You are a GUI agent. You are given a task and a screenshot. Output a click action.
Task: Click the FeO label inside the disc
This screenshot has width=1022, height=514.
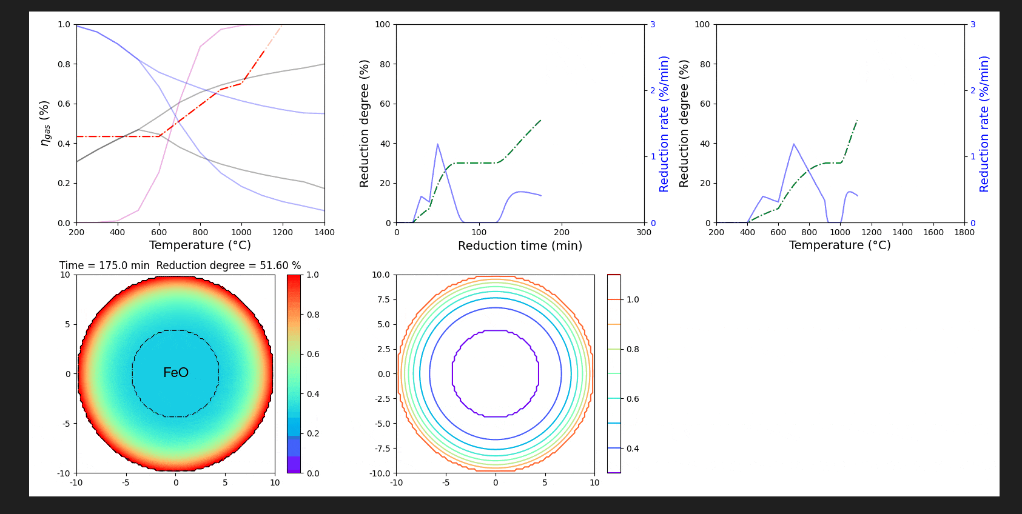pyautogui.click(x=176, y=373)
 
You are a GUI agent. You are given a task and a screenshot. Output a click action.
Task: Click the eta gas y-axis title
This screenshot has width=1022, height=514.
pyautogui.click(x=44, y=123)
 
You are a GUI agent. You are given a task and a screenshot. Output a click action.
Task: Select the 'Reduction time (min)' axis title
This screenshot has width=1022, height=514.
pyautogui.click(x=520, y=245)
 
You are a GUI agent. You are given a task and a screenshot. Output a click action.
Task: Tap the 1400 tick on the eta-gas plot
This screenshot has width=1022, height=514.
pyautogui.click(x=324, y=232)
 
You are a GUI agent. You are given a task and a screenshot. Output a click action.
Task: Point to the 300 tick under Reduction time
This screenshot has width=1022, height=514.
pyautogui.click(x=644, y=232)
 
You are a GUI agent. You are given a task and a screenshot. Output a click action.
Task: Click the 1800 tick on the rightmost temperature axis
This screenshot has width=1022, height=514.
pyautogui.click(x=964, y=232)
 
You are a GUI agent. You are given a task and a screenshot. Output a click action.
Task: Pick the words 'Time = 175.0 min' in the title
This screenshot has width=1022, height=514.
pyautogui.click(x=104, y=265)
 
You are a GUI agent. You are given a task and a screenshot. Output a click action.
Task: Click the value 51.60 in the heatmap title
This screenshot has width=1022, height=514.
pyautogui.click(x=274, y=265)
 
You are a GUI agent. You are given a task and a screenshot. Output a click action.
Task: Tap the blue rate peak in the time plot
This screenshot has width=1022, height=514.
pyautogui.click(x=437, y=144)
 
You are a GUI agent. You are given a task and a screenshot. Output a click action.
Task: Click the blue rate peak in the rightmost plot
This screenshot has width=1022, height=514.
pyautogui.click(x=793, y=144)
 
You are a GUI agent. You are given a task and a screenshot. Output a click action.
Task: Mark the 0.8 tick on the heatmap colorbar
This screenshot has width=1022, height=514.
pyautogui.click(x=313, y=315)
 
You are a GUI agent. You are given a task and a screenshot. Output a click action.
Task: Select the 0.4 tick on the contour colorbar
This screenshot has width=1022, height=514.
pyautogui.click(x=633, y=449)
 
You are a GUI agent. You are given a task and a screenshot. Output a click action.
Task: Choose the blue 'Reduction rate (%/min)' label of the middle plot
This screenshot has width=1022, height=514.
pyautogui.click(x=664, y=124)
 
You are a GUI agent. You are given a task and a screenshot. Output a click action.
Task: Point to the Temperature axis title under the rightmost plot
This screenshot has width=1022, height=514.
pyautogui.click(x=839, y=245)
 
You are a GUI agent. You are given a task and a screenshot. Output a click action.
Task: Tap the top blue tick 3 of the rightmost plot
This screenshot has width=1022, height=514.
pyautogui.click(x=973, y=25)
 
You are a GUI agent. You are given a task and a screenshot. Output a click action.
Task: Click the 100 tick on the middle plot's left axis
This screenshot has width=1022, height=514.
pyautogui.click(x=383, y=25)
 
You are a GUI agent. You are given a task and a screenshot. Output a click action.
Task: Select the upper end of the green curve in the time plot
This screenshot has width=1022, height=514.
pyautogui.click(x=540, y=120)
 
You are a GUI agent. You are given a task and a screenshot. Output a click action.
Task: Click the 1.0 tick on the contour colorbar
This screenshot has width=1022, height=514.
pyautogui.click(x=633, y=299)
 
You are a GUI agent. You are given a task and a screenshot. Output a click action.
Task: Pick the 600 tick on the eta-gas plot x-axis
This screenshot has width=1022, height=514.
pyautogui.click(x=159, y=232)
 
